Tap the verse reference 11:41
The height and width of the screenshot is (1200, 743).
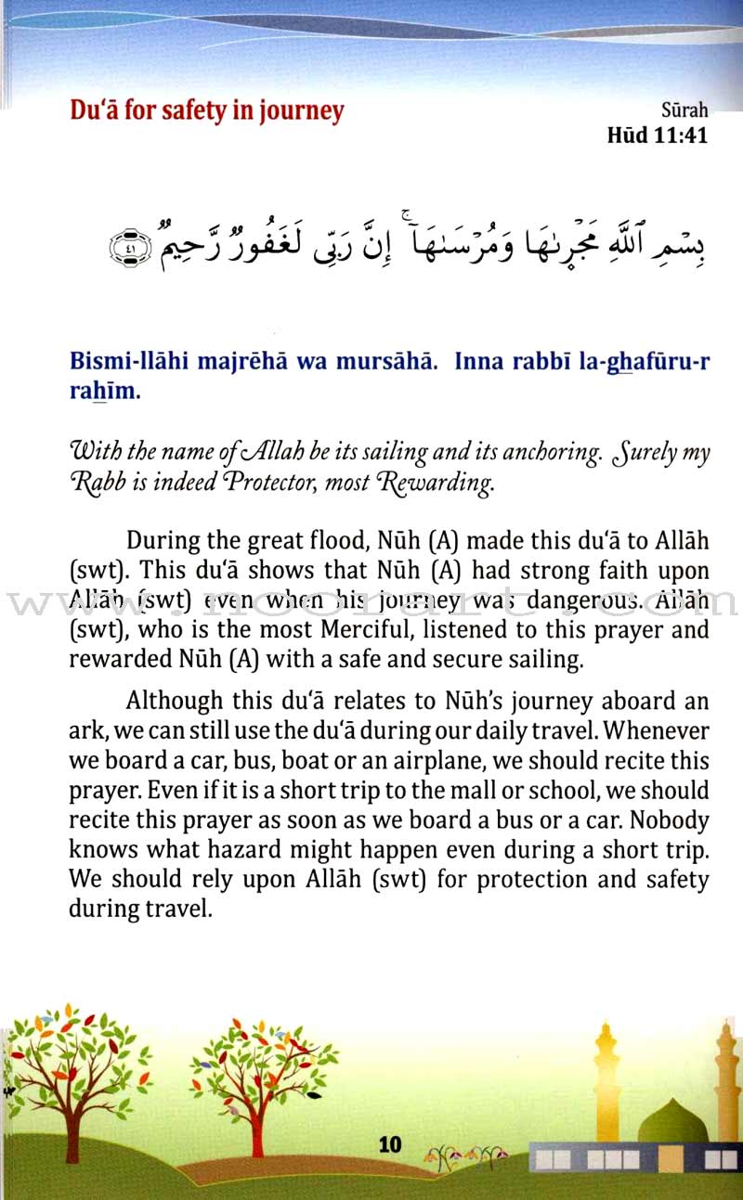[x=680, y=135]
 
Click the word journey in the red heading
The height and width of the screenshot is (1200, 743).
[x=297, y=110]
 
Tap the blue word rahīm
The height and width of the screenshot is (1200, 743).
[x=103, y=391]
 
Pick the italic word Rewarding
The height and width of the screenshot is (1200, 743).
[x=440, y=483]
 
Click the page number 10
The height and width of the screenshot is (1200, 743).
[x=390, y=1144]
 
